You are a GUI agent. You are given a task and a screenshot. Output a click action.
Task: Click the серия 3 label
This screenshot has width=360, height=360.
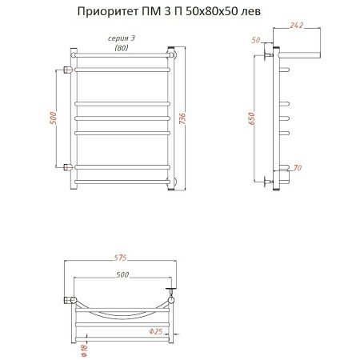(x=120, y=38)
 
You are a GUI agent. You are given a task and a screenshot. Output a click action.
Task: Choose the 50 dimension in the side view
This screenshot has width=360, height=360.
(x=255, y=39)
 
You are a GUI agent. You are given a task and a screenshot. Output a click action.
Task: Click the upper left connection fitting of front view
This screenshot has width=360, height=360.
(x=66, y=69)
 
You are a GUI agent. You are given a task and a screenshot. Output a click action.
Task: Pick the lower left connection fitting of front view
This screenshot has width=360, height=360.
(x=66, y=166)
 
